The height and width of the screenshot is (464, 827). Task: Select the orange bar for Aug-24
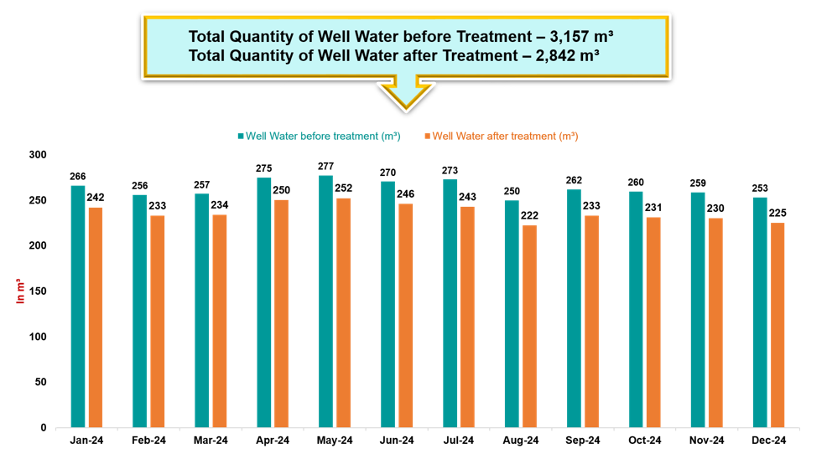tap(529, 326)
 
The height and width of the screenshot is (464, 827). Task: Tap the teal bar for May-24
tap(325, 302)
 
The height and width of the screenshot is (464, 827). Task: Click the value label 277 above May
tap(325, 168)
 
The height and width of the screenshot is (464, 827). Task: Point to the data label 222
tap(529, 216)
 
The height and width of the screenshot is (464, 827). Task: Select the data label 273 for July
tap(450, 171)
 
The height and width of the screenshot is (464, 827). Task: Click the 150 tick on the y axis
tap(39, 291)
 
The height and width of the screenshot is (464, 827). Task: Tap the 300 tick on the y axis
tap(39, 155)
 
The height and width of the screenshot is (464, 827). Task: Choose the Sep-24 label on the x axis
tap(583, 441)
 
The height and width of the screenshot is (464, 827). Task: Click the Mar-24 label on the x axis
tap(211, 441)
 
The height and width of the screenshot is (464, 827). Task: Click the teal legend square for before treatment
tap(241, 136)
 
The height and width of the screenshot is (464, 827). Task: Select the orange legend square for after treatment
tap(427, 136)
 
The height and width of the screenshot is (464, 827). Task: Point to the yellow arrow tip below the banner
tap(406, 107)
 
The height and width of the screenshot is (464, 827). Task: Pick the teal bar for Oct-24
tap(636, 309)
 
